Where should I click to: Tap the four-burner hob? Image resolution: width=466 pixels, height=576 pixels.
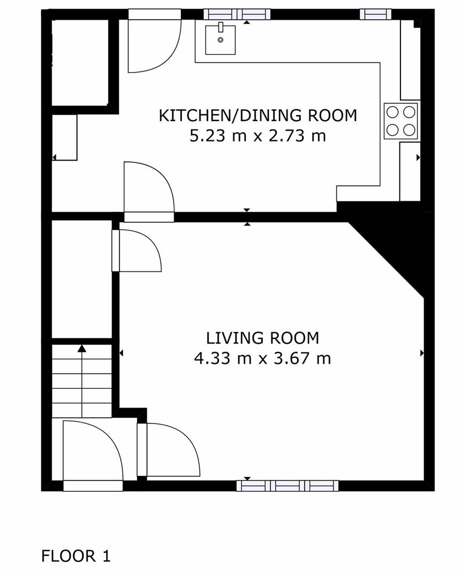tap(401, 121)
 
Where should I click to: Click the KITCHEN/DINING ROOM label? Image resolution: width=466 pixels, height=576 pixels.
tap(258, 115)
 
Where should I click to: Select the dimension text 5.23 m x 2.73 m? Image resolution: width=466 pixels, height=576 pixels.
tap(258, 136)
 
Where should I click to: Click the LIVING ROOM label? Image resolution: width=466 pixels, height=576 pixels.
tap(263, 338)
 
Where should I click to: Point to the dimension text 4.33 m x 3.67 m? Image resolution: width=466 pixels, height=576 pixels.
tap(263, 358)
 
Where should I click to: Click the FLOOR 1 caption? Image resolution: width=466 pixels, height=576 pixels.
tap(76, 556)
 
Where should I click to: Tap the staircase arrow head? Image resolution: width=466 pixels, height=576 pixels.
tap(82, 349)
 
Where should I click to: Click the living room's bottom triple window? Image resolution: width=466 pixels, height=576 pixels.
tap(287, 485)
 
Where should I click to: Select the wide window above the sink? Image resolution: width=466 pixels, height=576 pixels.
tap(237, 14)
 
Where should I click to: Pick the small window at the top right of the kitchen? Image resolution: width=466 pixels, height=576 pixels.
tap(375, 14)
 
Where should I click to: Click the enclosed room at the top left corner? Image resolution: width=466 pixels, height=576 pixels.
tap(80, 61)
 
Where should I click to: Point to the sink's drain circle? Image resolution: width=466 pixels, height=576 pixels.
tap(220, 39)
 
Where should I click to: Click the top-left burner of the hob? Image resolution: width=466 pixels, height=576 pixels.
tap(393, 112)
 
